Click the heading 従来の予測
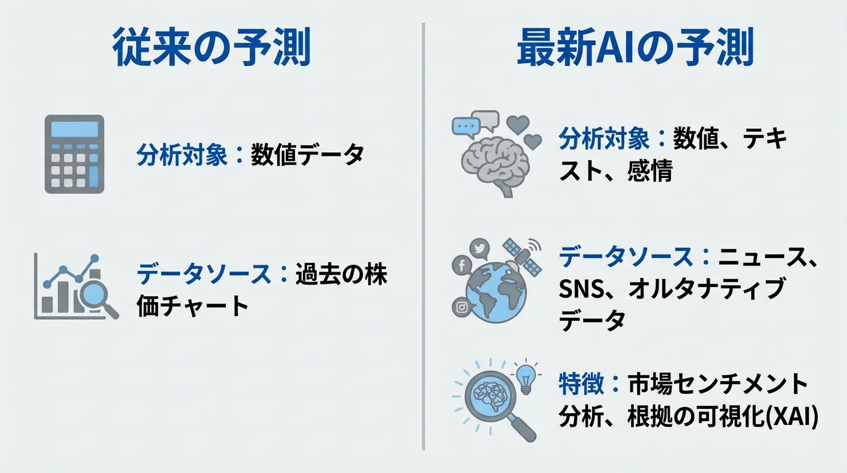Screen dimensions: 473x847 pos(211,48)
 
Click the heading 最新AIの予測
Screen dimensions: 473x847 pos(635,48)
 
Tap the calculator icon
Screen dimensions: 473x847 pos(74,154)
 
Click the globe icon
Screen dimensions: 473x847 pos(496,289)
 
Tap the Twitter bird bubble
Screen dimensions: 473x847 pos(479,248)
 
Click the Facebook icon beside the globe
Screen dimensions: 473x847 pos(461,265)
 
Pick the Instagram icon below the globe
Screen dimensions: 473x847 pos(461,306)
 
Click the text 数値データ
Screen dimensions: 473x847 pos(307,155)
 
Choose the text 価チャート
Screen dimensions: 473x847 pos(192,305)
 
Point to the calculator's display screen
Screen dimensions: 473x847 pos(74,129)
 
